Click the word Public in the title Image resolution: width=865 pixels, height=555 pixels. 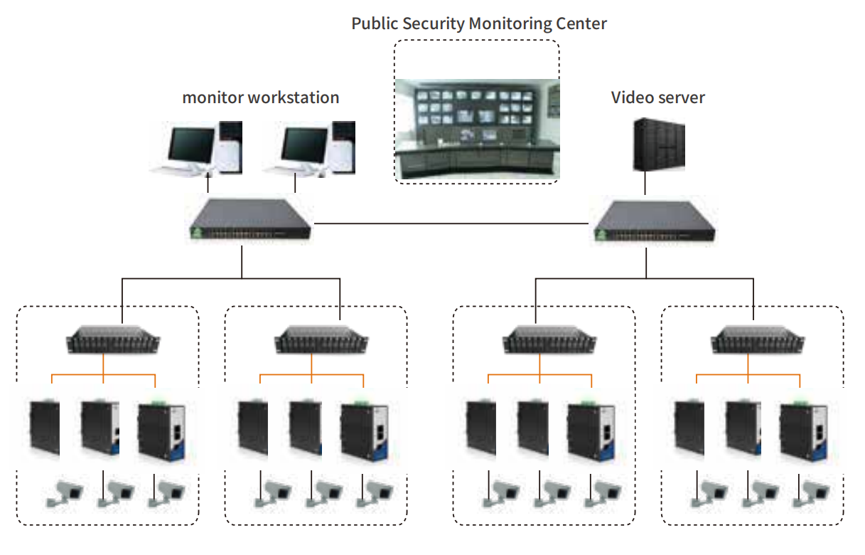click(x=375, y=23)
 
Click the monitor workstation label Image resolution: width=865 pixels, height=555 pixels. click(x=261, y=97)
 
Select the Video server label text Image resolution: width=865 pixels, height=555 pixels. click(x=657, y=97)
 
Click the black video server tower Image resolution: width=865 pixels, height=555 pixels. click(x=659, y=144)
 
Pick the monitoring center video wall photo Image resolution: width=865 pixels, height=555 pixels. click(x=477, y=128)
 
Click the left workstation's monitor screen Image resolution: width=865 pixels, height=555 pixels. click(x=190, y=145)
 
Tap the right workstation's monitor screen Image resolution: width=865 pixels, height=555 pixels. click(x=304, y=145)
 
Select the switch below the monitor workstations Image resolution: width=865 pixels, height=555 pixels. click(x=252, y=221)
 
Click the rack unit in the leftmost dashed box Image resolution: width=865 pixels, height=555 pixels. click(x=114, y=339)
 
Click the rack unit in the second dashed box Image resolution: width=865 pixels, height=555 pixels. click(x=322, y=339)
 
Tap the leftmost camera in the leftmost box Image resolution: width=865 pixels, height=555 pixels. click(x=64, y=493)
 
